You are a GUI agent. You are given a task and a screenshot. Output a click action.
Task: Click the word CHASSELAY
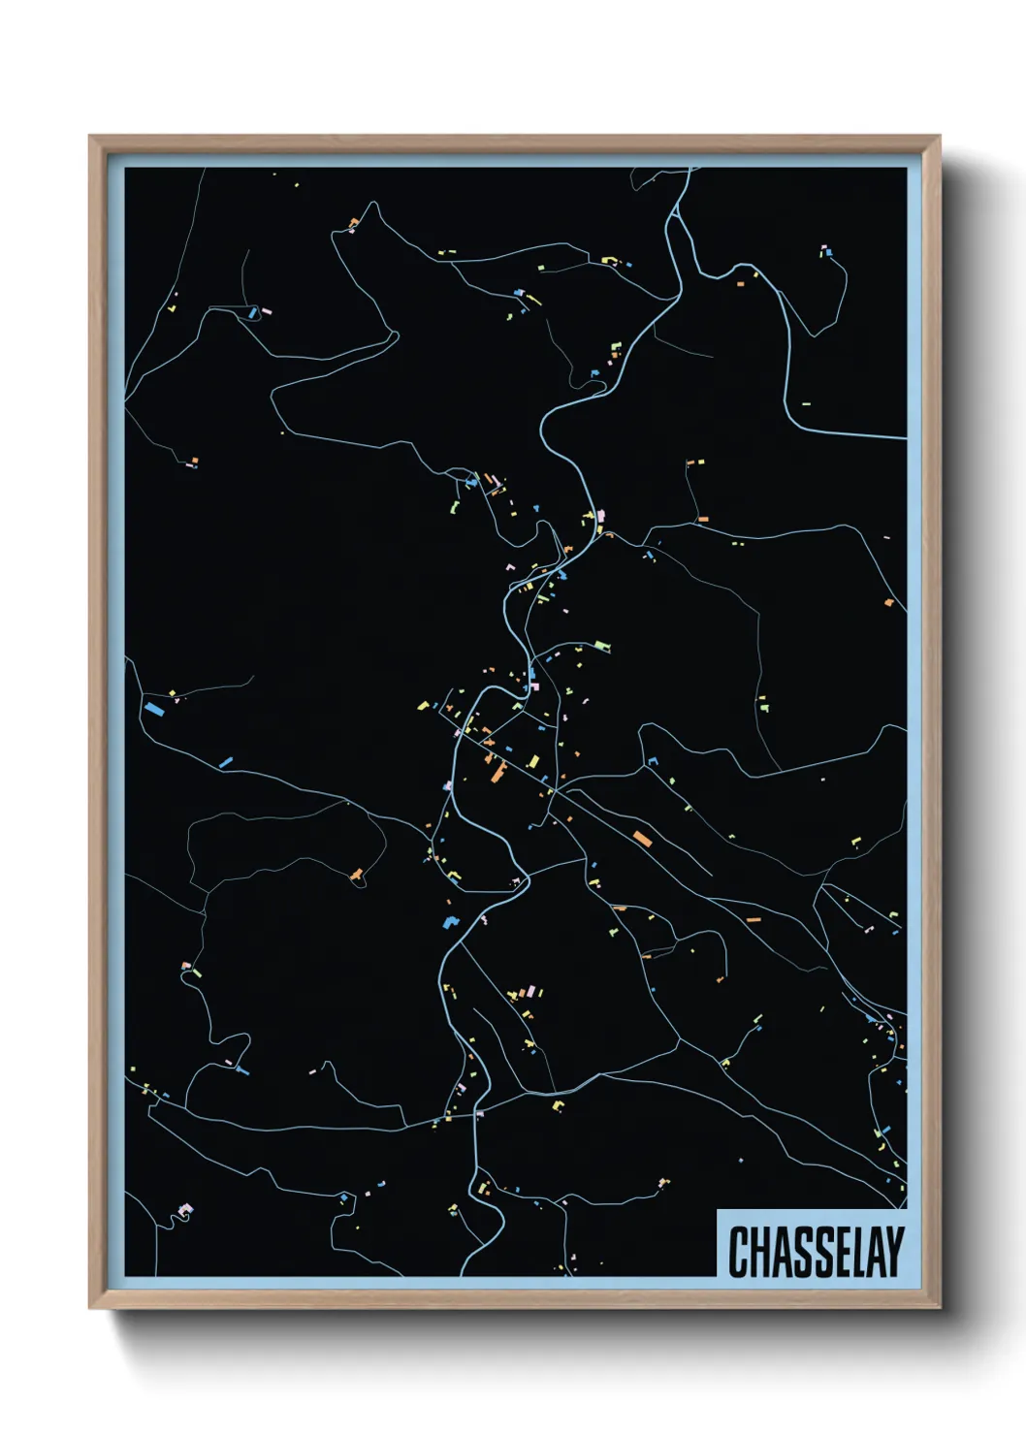[x=816, y=1252]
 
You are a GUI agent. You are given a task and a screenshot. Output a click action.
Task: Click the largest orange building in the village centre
[x=498, y=772]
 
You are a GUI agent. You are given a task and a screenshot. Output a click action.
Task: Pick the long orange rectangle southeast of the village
[x=641, y=839]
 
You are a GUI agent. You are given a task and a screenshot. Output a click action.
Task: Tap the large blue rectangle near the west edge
[x=152, y=709]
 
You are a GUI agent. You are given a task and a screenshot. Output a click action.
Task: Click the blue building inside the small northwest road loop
[x=252, y=312]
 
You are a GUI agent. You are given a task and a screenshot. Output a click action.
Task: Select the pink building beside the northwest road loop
[x=267, y=312]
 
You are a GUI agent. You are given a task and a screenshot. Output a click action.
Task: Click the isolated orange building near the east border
[x=888, y=603]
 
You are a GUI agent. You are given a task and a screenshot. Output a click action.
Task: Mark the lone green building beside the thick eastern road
[x=805, y=403]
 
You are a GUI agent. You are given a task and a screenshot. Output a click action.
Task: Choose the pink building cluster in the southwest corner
[x=186, y=1209]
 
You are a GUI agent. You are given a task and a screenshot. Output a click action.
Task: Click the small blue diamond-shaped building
[x=448, y=921]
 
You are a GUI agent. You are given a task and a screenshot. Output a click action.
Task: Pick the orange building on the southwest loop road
[x=358, y=876]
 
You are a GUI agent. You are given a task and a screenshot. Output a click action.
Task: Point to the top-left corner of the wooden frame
[x=90, y=138]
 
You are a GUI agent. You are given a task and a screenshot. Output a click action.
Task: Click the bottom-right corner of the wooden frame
[x=939, y=1307]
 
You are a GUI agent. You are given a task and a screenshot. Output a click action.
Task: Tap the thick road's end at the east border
[x=905, y=437]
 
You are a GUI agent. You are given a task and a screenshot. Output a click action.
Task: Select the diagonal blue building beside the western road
[x=226, y=763]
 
